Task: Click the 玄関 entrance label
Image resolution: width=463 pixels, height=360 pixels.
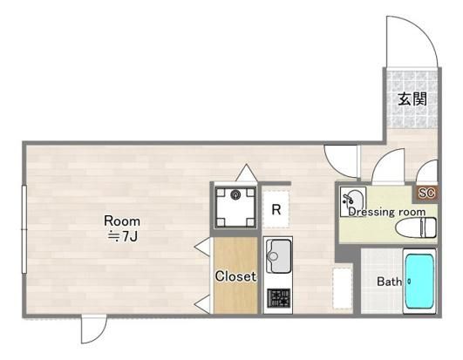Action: [412, 98]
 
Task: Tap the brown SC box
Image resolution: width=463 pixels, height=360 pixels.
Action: [426, 194]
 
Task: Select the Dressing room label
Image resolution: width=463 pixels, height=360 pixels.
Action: [387, 212]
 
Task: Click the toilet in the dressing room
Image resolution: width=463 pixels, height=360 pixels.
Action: [416, 228]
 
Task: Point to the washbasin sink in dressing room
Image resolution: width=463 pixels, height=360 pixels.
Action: [353, 201]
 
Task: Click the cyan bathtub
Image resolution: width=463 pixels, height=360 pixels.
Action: [419, 282]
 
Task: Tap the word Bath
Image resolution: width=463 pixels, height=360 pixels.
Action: [389, 282]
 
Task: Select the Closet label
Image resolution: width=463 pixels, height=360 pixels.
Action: [235, 276]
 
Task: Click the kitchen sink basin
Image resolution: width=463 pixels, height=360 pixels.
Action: [278, 256]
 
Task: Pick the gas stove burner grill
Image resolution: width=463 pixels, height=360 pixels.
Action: [279, 297]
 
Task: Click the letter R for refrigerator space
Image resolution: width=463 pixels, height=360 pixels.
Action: [276, 209]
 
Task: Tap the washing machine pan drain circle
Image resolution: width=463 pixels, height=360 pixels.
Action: [235, 195]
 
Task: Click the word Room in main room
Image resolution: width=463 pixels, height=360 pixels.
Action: [122, 221]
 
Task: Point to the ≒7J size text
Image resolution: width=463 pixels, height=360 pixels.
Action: [122, 236]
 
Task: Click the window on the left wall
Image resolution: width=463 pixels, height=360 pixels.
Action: [24, 229]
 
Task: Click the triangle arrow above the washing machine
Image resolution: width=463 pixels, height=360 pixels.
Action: [246, 173]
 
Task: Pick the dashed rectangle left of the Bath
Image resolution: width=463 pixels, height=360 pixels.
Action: [343, 289]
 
